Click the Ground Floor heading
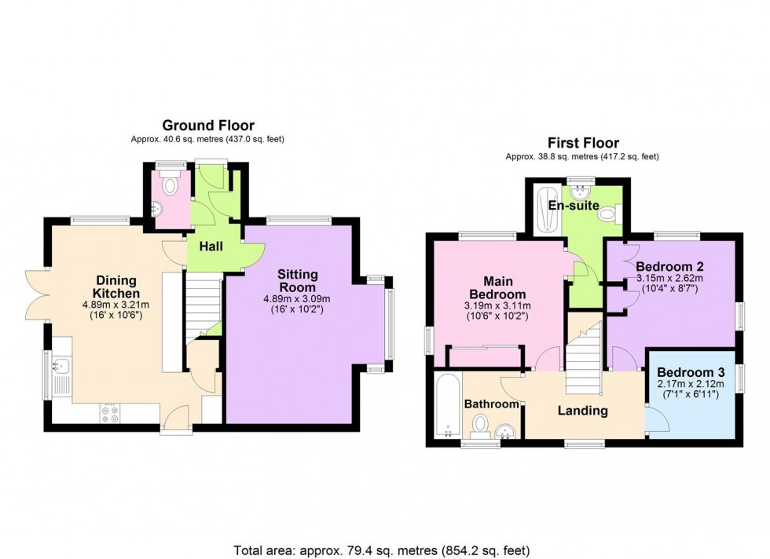click(208, 126)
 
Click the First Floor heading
click(582, 143)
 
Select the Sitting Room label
click(298, 280)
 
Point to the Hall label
click(211, 247)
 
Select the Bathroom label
click(492, 404)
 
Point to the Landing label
click(583, 411)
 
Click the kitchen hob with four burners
click(109, 413)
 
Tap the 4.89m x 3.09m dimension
click(298, 298)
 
